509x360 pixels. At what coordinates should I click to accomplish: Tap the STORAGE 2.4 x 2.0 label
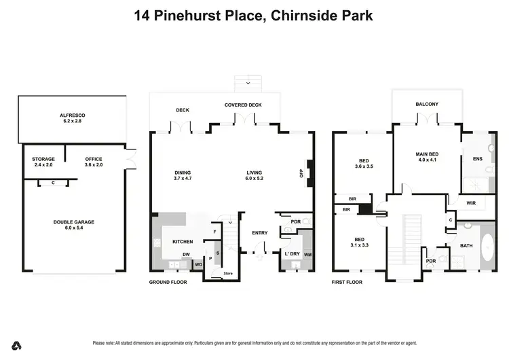43,162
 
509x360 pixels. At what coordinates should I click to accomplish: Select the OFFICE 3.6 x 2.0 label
93,162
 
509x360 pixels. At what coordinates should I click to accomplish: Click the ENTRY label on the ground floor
259,234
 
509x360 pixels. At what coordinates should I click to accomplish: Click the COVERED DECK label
243,105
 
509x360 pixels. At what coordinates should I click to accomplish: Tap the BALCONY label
427,104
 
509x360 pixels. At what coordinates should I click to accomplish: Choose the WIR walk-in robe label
471,202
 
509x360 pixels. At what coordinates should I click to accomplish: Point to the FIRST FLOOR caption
346,282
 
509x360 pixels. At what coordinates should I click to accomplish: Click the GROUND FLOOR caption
167,282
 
